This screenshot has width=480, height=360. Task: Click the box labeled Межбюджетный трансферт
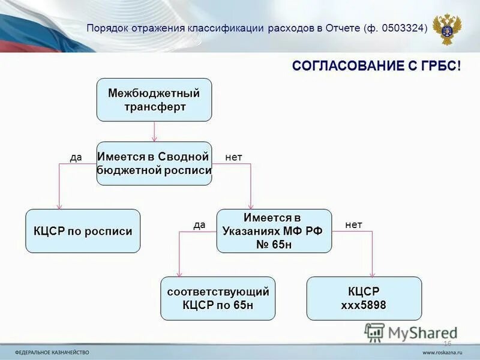pos(154,100)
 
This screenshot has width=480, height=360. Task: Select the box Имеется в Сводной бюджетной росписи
pos(154,163)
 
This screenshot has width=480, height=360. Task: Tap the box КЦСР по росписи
pos(83,231)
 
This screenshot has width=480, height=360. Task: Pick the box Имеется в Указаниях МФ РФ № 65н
pos(274,231)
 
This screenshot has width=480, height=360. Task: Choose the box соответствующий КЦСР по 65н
pos(218,298)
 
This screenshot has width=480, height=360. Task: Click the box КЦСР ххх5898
pos(364,298)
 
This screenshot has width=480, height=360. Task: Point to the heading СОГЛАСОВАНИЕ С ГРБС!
pos(377,66)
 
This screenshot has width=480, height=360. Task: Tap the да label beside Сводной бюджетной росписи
pos(76,157)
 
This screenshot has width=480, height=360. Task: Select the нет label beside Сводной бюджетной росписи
pos(233,157)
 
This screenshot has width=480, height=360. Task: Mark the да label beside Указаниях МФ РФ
pos(199,224)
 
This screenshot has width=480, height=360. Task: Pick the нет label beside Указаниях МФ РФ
pos(353,224)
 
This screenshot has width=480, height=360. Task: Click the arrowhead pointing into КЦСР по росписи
pos(59,205)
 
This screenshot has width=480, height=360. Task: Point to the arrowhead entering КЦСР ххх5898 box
pos(372,273)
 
